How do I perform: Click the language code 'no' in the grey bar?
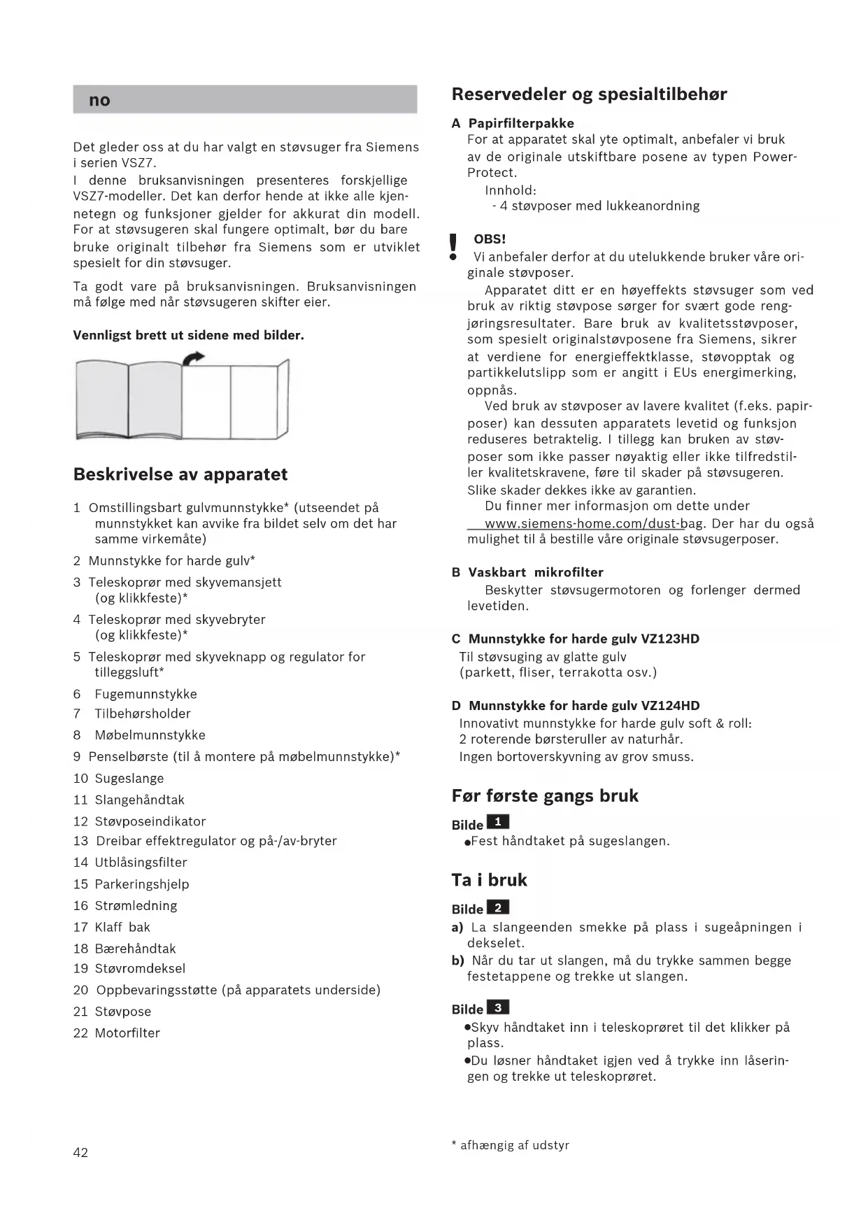(99, 100)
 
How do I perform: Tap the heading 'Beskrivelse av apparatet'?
(180, 474)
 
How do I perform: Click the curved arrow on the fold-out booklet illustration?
(194, 358)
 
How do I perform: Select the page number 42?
(80, 1152)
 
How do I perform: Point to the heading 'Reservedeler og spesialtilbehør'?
(589, 94)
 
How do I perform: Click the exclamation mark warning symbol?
(453, 247)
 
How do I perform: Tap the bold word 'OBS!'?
(490, 239)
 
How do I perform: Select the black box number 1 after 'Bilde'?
(497, 822)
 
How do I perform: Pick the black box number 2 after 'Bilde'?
(497, 907)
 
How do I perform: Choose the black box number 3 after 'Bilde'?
(497, 1007)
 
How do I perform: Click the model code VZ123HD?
(670, 639)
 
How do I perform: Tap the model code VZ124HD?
(670, 706)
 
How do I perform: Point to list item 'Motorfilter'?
(127, 1033)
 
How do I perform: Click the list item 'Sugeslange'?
(129, 779)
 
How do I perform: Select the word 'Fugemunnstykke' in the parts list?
(145, 694)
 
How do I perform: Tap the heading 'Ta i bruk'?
(489, 880)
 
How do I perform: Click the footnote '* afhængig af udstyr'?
(511, 1145)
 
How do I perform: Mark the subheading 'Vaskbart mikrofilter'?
(536, 572)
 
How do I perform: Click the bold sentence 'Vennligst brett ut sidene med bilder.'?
(188, 335)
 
